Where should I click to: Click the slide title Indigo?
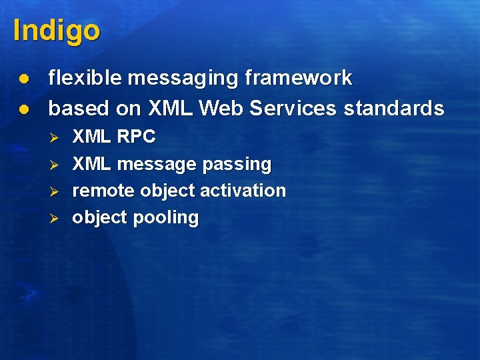pyautogui.click(x=56, y=31)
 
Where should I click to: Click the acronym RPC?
pyautogui.click(x=136, y=137)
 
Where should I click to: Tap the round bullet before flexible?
pyautogui.click(x=23, y=79)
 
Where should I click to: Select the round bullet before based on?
pyautogui.click(x=23, y=108)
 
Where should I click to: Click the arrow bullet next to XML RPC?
pyautogui.click(x=56, y=137)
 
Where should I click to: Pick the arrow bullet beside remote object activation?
pyautogui.click(x=56, y=191)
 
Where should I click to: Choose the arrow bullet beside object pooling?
pyautogui.click(x=56, y=217)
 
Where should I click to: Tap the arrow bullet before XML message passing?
pyautogui.click(x=56, y=164)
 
